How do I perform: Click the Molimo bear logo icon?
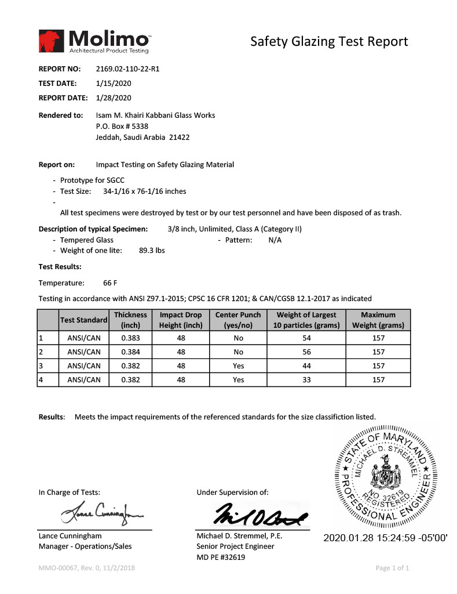point(52,41)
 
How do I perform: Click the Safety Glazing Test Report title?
point(329,41)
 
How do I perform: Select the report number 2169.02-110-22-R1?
point(127,68)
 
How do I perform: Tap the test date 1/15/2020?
point(114,83)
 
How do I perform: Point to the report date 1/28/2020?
point(114,97)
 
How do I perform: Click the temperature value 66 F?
point(110,283)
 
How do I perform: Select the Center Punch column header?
point(238,320)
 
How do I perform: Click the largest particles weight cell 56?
point(306,352)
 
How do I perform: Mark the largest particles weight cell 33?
point(306,379)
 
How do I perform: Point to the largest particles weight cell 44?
point(306,365)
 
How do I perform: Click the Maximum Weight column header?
point(378,320)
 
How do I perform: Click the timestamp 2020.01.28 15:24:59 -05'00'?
point(385,537)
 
